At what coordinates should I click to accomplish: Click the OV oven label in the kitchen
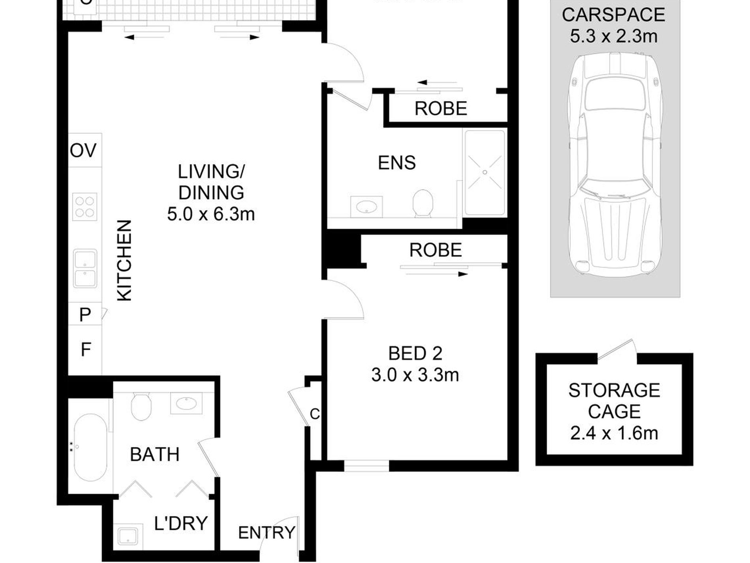(83, 151)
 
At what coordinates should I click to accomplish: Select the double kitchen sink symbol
(85, 268)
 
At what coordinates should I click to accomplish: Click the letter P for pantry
(85, 315)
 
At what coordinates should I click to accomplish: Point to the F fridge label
(86, 350)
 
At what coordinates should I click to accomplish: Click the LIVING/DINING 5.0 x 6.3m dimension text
(211, 215)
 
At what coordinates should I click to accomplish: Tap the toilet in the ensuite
(423, 203)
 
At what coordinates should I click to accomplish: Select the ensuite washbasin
(366, 206)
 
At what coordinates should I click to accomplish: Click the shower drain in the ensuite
(485, 172)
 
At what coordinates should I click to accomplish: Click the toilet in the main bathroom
(141, 406)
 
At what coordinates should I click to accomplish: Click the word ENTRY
(266, 533)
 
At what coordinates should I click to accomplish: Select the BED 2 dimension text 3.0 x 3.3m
(415, 375)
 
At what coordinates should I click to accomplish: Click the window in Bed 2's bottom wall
(366, 467)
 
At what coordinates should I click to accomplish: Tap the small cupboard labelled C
(315, 414)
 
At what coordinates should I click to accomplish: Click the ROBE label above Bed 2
(435, 250)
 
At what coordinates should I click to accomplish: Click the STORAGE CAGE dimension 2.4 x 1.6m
(614, 433)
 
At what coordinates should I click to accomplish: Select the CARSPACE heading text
(613, 15)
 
